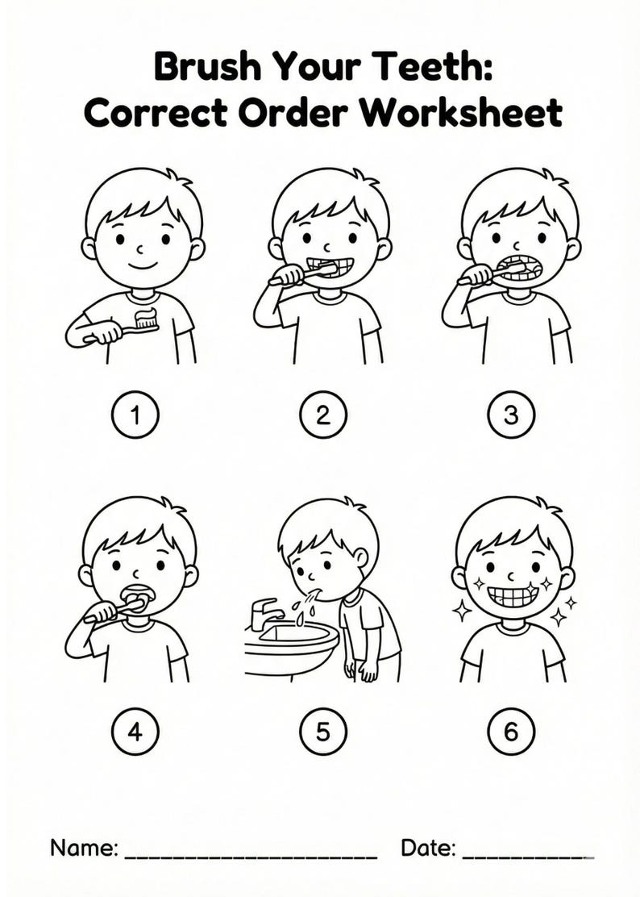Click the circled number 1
(x=135, y=415)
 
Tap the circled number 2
(x=322, y=415)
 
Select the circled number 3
(x=511, y=415)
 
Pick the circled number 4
(x=135, y=732)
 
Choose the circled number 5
(x=322, y=732)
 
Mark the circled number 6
(x=511, y=732)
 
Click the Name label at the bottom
(x=85, y=848)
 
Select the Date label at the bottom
(x=429, y=848)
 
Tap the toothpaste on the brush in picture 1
(x=146, y=316)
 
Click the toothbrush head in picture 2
(x=324, y=269)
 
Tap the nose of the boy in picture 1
(x=138, y=244)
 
